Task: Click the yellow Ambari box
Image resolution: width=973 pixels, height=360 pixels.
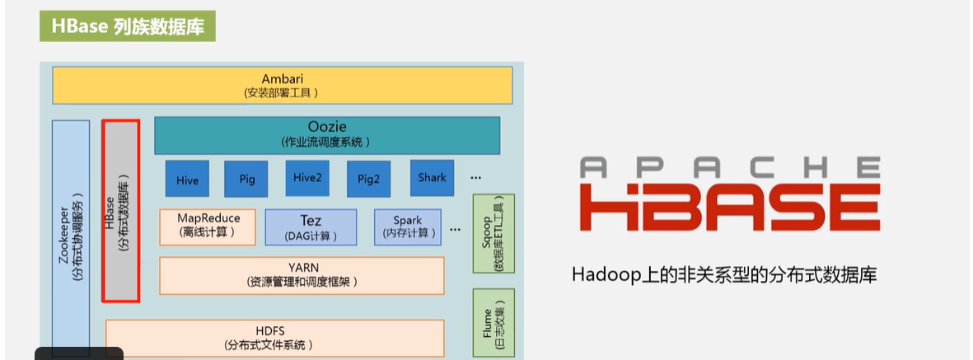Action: (x=282, y=85)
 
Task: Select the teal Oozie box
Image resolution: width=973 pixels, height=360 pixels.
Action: (x=327, y=134)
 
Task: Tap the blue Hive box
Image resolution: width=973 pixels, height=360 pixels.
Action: (x=187, y=178)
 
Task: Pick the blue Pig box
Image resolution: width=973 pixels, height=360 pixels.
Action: (x=247, y=178)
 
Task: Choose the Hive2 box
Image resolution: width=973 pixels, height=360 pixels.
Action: (x=306, y=177)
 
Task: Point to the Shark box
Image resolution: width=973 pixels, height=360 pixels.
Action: (x=432, y=177)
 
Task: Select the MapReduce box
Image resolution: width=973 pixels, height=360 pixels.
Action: (x=208, y=226)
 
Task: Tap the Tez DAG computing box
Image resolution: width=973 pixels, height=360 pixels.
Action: (x=311, y=227)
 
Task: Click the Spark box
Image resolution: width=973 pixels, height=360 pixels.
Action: (x=407, y=227)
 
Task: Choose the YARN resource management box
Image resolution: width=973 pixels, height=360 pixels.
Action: (x=302, y=275)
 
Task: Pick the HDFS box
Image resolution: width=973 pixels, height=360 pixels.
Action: (x=275, y=337)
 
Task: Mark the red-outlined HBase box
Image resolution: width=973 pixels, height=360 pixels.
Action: (x=120, y=211)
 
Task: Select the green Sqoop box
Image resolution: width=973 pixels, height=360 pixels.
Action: (x=493, y=233)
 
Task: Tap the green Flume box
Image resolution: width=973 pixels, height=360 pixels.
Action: (x=493, y=322)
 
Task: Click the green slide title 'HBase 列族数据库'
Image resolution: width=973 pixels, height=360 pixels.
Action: (x=127, y=26)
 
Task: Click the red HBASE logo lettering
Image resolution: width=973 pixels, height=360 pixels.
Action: (x=728, y=208)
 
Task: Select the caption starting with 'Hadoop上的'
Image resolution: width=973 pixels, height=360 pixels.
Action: (x=724, y=274)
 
